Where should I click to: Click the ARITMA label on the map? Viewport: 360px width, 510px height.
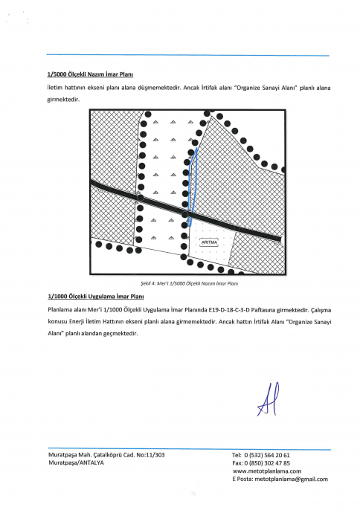tap(209, 242)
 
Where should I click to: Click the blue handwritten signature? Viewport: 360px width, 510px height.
tap(269, 399)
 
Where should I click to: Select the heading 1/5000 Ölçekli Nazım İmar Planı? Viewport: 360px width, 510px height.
tap(90, 74)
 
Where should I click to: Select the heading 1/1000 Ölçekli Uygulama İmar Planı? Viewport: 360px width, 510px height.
tap(96, 297)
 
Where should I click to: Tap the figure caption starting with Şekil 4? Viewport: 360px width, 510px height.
tap(190, 284)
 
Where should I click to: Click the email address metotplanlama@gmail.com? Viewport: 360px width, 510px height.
tap(292, 479)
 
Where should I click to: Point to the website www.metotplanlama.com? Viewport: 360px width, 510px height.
tap(267, 471)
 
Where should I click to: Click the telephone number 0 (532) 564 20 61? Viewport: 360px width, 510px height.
tap(267, 455)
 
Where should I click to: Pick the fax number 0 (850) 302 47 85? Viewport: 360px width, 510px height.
tap(267, 463)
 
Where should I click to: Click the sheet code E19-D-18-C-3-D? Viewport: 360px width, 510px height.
tap(230, 310)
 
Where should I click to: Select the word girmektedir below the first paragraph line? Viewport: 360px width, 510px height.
tap(63, 100)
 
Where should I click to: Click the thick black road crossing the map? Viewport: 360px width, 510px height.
tap(185, 211)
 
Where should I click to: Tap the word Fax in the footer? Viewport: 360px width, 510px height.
tap(237, 463)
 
